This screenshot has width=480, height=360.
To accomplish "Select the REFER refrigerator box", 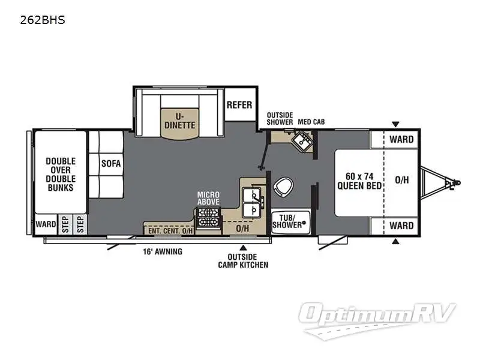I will coord(239,105).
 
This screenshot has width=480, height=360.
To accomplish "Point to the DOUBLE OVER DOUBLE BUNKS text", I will coord(60,174).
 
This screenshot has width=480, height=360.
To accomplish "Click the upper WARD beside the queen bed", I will coord(401,140).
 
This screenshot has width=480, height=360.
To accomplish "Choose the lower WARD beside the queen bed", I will coord(401,226).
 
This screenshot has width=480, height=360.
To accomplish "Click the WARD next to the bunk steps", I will coord(45,224).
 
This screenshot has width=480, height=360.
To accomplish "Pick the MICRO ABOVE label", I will coord(208,199).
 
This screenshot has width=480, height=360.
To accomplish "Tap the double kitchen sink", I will coord(253,202).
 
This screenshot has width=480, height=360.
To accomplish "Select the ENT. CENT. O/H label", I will coord(168,230).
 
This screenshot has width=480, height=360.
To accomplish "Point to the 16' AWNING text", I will coord(162,251).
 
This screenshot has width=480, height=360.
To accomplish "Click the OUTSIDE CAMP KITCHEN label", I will coord(243,261).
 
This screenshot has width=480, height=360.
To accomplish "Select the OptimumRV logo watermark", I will coord(379,315).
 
